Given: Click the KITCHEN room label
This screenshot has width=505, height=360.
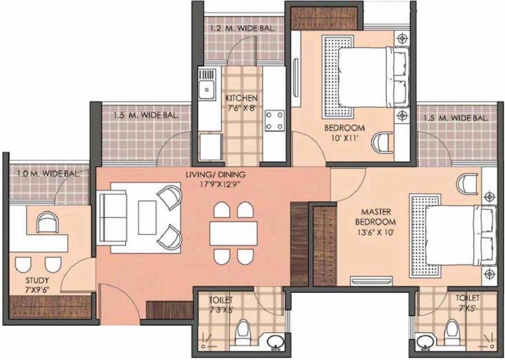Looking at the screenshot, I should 241,98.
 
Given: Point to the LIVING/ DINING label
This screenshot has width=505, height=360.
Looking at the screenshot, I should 215,175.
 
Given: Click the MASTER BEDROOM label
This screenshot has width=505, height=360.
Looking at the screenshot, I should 375,217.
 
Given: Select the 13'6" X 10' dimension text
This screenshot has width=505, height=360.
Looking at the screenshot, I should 375,231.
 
